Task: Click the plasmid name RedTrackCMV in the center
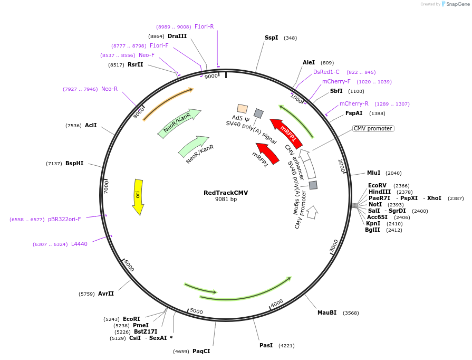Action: coord(226,193)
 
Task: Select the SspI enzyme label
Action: coord(271,38)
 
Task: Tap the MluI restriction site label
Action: coord(373,173)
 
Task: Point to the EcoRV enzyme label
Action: coord(377,185)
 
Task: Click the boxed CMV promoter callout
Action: coord(373,128)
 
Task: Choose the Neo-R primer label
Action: coord(109,89)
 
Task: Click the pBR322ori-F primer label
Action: coord(64,219)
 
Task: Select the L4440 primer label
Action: coord(79,244)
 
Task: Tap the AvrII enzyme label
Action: coord(105,293)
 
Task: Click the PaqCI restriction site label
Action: coord(201,351)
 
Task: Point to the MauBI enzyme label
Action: coord(326,312)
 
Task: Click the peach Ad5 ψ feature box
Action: coord(242,109)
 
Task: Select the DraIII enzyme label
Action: coord(177,36)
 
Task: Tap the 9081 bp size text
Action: coord(226,200)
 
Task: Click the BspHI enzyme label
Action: coord(74,164)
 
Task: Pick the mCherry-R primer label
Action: coord(354,103)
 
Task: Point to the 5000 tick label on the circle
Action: coord(196,311)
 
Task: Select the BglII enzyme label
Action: coord(372,230)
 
